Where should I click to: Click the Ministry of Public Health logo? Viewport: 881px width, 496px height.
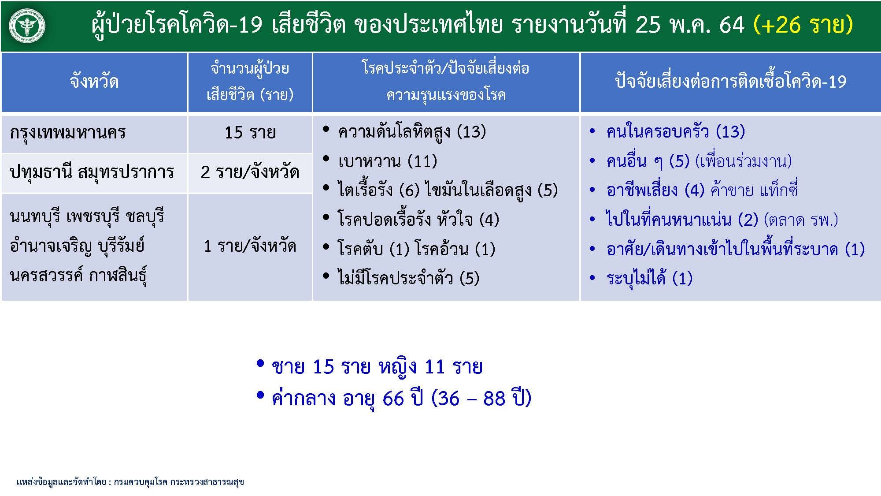pos(27,26)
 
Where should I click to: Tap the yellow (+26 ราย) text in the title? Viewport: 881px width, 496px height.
pos(803,25)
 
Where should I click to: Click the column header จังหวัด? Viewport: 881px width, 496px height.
pos(94,82)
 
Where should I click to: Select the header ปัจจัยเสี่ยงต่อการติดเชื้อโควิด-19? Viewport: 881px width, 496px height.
pos(730,82)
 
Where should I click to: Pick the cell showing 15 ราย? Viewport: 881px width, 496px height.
pos(250,132)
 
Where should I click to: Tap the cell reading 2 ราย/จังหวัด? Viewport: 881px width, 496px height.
pos(250,172)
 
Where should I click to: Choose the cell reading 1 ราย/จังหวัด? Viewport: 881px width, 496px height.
pos(250,246)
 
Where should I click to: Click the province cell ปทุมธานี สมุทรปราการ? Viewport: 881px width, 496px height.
pos(92,172)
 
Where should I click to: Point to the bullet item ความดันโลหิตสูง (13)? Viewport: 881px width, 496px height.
pos(412,132)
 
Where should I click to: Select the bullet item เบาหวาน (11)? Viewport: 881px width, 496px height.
pos(387,161)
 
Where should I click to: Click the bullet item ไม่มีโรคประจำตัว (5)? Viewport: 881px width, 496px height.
pos(408,278)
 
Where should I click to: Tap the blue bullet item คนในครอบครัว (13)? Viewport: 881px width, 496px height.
pos(675,131)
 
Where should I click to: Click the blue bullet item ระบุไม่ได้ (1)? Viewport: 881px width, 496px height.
pos(649,278)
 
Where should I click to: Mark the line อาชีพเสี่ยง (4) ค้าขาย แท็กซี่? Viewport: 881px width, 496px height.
pos(702,190)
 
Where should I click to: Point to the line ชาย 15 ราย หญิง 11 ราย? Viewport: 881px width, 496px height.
pos(377,367)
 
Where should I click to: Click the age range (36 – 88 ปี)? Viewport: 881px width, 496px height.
pos(481,398)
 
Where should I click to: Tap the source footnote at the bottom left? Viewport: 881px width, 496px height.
pos(130,482)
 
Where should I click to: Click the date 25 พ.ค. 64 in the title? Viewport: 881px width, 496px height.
pos(690,25)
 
